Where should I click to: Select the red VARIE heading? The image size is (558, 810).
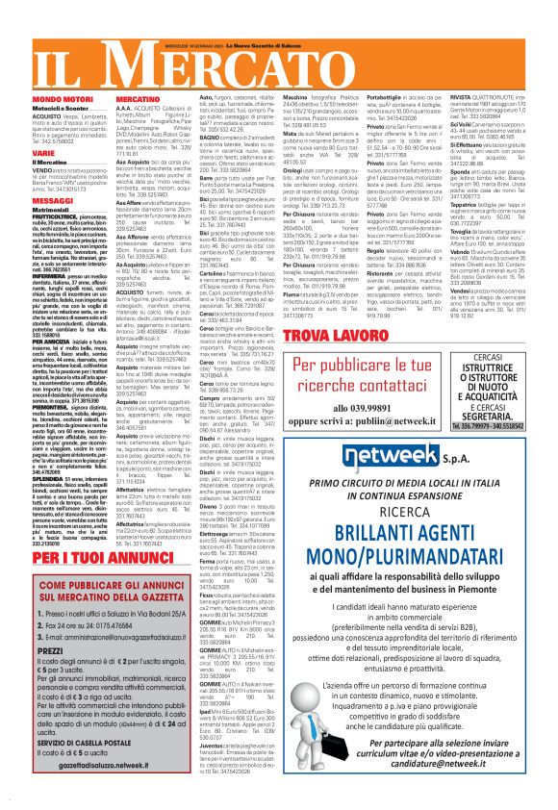(16, 153)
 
